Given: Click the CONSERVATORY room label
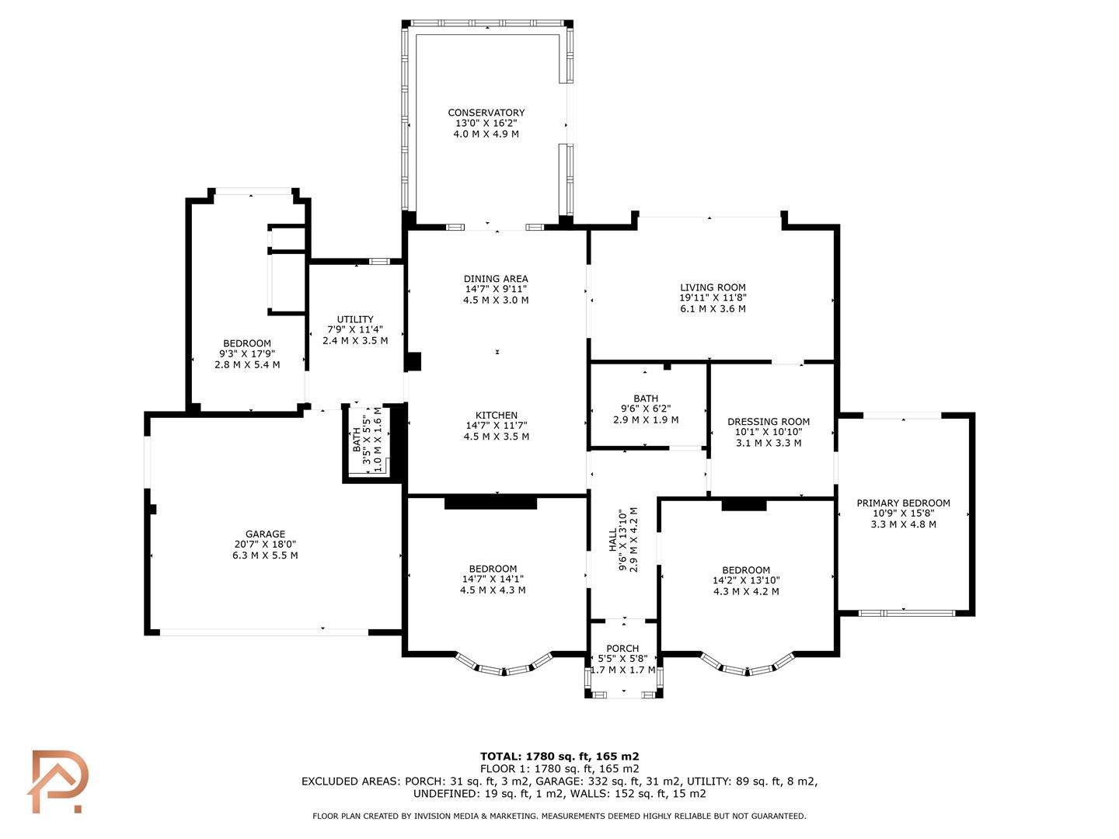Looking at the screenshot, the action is coord(486,113).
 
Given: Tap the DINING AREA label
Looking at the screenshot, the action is coord(496,279).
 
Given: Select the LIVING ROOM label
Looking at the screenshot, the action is coord(713,287).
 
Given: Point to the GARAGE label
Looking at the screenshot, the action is coord(265,534).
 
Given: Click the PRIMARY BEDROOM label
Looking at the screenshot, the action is coord(903,503).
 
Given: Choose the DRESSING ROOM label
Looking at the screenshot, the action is coord(769,421).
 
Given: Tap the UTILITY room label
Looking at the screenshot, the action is coord(355,319).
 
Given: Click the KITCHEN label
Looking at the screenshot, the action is coord(496,415).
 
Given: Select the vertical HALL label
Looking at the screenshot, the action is coord(612,540).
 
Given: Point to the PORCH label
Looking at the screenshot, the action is coord(622,649).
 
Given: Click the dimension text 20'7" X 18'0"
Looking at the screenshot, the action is coord(265,544).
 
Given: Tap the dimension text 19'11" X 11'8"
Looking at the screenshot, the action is coord(713,298).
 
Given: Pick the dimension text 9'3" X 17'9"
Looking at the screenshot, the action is coord(247,353).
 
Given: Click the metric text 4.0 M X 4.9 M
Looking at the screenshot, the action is coord(486,134).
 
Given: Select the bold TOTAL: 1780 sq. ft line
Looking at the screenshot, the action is coord(559,757).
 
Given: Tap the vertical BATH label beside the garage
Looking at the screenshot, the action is coord(357,440).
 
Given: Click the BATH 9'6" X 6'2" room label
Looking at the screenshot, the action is coord(646,398).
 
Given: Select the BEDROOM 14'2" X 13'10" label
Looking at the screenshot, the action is coord(746,570).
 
